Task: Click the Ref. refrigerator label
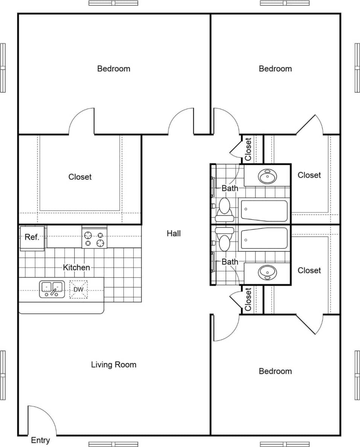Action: pyautogui.click(x=32, y=237)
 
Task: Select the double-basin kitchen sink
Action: pyautogui.click(x=52, y=289)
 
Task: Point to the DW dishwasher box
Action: pyautogui.click(x=78, y=289)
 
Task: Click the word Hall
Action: pyautogui.click(x=174, y=233)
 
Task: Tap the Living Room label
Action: pyautogui.click(x=114, y=364)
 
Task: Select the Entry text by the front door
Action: pyautogui.click(x=40, y=440)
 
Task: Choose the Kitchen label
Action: pyautogui.click(x=76, y=268)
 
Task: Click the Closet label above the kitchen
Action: pyautogui.click(x=80, y=176)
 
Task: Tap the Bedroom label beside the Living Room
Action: pyautogui.click(x=275, y=371)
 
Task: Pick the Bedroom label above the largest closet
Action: pyautogui.click(x=114, y=68)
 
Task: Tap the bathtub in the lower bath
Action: pyautogui.click(x=264, y=238)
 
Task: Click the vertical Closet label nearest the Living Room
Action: pyautogui.click(x=248, y=300)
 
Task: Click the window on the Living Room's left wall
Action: pyautogui.click(x=3, y=375)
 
